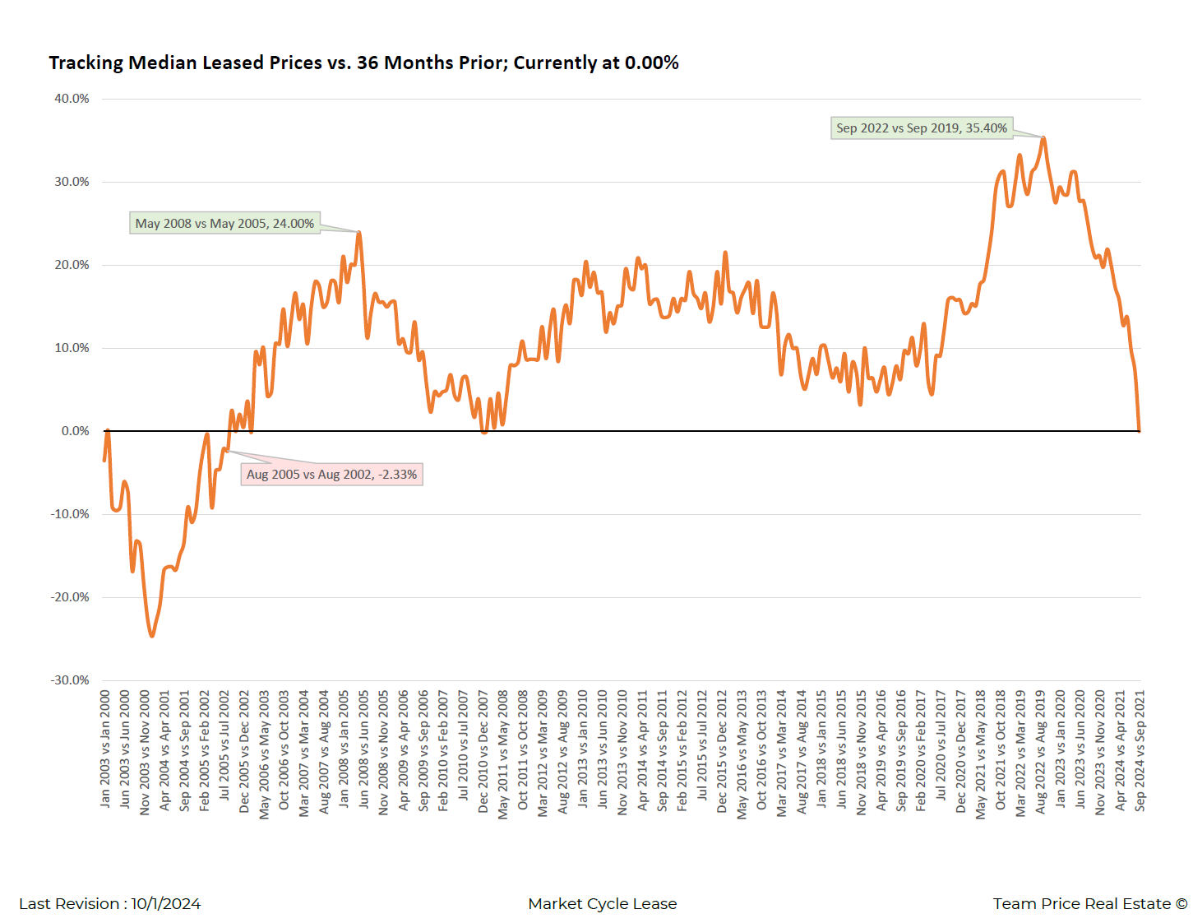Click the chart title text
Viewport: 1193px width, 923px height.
click(363, 63)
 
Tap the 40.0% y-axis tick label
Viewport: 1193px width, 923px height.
click(72, 99)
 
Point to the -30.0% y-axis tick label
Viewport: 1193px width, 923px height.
click(70, 680)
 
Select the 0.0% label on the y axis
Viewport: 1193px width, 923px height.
click(75, 431)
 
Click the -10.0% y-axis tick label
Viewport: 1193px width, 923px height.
click(70, 514)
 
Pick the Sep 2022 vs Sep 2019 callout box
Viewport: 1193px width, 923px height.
click(921, 128)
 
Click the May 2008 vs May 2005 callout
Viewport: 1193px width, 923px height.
click(224, 224)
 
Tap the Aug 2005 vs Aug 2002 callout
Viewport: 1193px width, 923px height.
click(331, 475)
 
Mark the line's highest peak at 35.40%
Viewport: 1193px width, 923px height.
click(1043, 137)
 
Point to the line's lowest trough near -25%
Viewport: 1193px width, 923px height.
click(151, 636)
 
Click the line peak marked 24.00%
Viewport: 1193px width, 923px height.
click(359, 232)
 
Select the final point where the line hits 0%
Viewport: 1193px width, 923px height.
click(1140, 430)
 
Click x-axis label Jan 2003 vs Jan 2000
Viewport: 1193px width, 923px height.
click(105, 749)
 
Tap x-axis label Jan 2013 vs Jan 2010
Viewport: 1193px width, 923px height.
click(583, 749)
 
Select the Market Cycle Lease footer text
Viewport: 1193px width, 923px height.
click(603, 904)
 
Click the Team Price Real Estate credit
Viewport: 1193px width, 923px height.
click(1089, 904)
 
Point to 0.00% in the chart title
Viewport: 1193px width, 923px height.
click(651, 63)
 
